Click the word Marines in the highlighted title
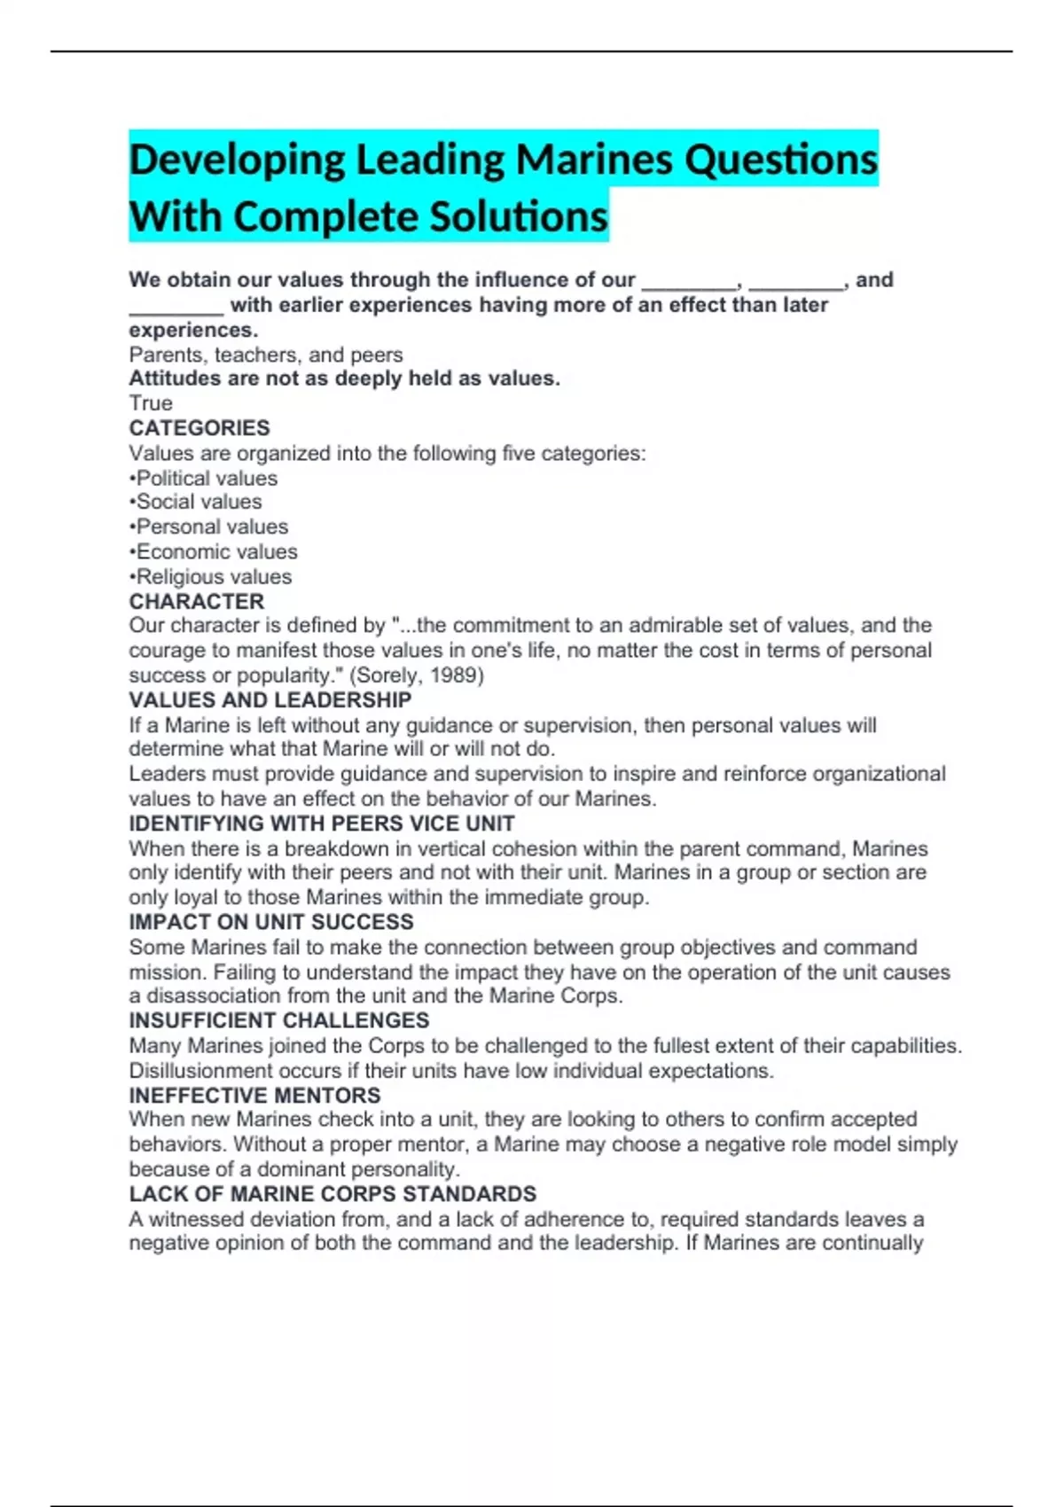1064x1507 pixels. tap(594, 160)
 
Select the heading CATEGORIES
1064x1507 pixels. tap(199, 428)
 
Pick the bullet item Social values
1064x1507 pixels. tap(199, 502)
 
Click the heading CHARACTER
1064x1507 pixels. tap(197, 601)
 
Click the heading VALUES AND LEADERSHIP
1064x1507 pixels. tap(270, 700)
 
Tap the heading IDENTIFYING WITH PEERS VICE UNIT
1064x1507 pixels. tap(322, 824)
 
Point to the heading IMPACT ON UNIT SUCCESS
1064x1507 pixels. tap(271, 922)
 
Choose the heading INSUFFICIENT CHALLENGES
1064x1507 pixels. tap(279, 1020)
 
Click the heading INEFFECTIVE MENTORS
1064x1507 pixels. tap(254, 1096)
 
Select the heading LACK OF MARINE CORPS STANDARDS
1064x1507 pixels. tap(332, 1194)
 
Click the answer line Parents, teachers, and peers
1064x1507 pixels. tap(266, 355)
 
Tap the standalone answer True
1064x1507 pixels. tap(151, 403)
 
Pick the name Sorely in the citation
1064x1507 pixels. tap(387, 675)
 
